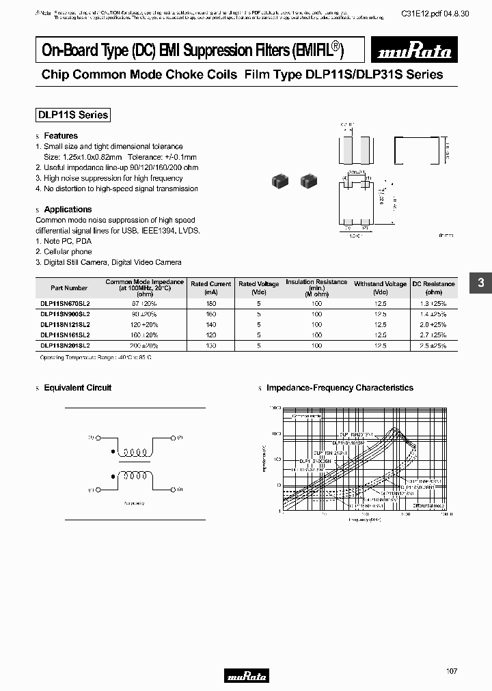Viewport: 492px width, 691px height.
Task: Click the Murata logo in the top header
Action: [x=408, y=50]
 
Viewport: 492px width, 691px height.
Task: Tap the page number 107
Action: [x=452, y=672]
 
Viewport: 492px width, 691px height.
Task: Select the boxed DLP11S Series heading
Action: [x=72, y=115]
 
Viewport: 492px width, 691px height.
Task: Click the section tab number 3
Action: [x=480, y=283]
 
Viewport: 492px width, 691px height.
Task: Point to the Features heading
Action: [x=61, y=136]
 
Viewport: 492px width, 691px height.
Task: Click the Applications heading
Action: [x=68, y=210]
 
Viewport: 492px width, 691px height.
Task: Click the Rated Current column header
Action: [x=210, y=287]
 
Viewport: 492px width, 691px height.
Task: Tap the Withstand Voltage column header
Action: [x=380, y=287]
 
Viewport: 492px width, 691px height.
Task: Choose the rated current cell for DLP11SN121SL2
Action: [x=210, y=325]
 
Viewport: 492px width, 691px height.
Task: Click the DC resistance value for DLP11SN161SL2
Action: [x=433, y=335]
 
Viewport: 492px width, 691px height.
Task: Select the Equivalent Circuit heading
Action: [x=77, y=388]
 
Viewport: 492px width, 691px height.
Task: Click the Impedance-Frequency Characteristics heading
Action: [x=340, y=388]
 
